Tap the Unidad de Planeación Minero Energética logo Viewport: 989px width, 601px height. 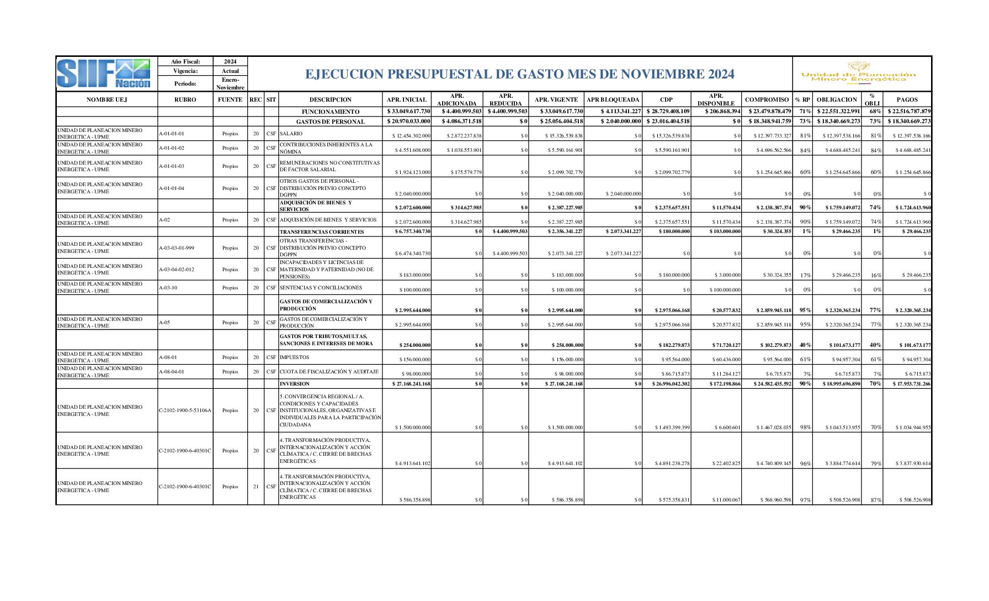[x=858, y=73]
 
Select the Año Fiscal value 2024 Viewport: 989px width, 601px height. [x=230, y=61]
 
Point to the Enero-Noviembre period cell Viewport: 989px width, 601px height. [x=230, y=83]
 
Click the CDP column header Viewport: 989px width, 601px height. [x=666, y=99]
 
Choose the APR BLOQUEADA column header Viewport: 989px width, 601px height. [x=613, y=99]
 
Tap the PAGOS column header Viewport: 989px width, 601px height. [x=907, y=99]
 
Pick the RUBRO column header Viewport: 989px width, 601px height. [x=185, y=99]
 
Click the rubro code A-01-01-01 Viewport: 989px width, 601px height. [x=172, y=134]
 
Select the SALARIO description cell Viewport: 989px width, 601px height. [x=291, y=134]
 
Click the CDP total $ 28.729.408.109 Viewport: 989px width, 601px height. [x=668, y=112]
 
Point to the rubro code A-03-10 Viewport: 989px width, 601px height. [x=168, y=288]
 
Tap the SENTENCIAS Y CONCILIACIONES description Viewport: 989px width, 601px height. [x=321, y=288]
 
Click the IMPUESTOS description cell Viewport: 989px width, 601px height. [x=295, y=357]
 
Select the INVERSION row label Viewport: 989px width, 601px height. [x=295, y=384]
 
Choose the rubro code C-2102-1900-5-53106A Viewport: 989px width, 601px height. [x=185, y=410]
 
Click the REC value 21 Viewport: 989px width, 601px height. [x=256, y=487]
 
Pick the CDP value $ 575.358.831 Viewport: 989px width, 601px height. [x=674, y=500]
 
